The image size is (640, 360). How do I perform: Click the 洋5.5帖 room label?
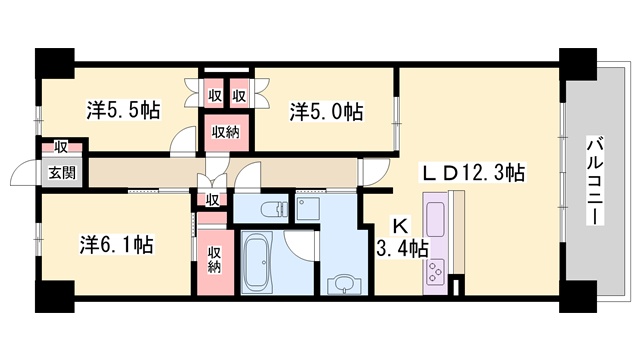(x=123, y=110)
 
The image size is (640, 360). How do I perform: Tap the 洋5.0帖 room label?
(x=326, y=111)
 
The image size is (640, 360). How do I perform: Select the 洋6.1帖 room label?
(x=117, y=245)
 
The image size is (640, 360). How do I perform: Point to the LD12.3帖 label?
(x=473, y=173)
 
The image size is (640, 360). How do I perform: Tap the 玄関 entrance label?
(x=62, y=173)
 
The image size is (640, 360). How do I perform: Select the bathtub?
(x=258, y=262)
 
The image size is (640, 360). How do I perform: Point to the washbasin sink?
(x=345, y=284)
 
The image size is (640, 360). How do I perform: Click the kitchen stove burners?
(x=435, y=272)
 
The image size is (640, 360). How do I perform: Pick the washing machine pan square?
(x=307, y=209)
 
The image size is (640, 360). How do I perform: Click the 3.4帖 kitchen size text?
(x=402, y=249)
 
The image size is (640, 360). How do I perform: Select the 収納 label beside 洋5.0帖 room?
(x=226, y=132)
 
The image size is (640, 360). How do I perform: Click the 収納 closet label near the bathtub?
(x=215, y=260)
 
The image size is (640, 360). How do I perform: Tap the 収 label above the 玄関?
(x=61, y=147)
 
